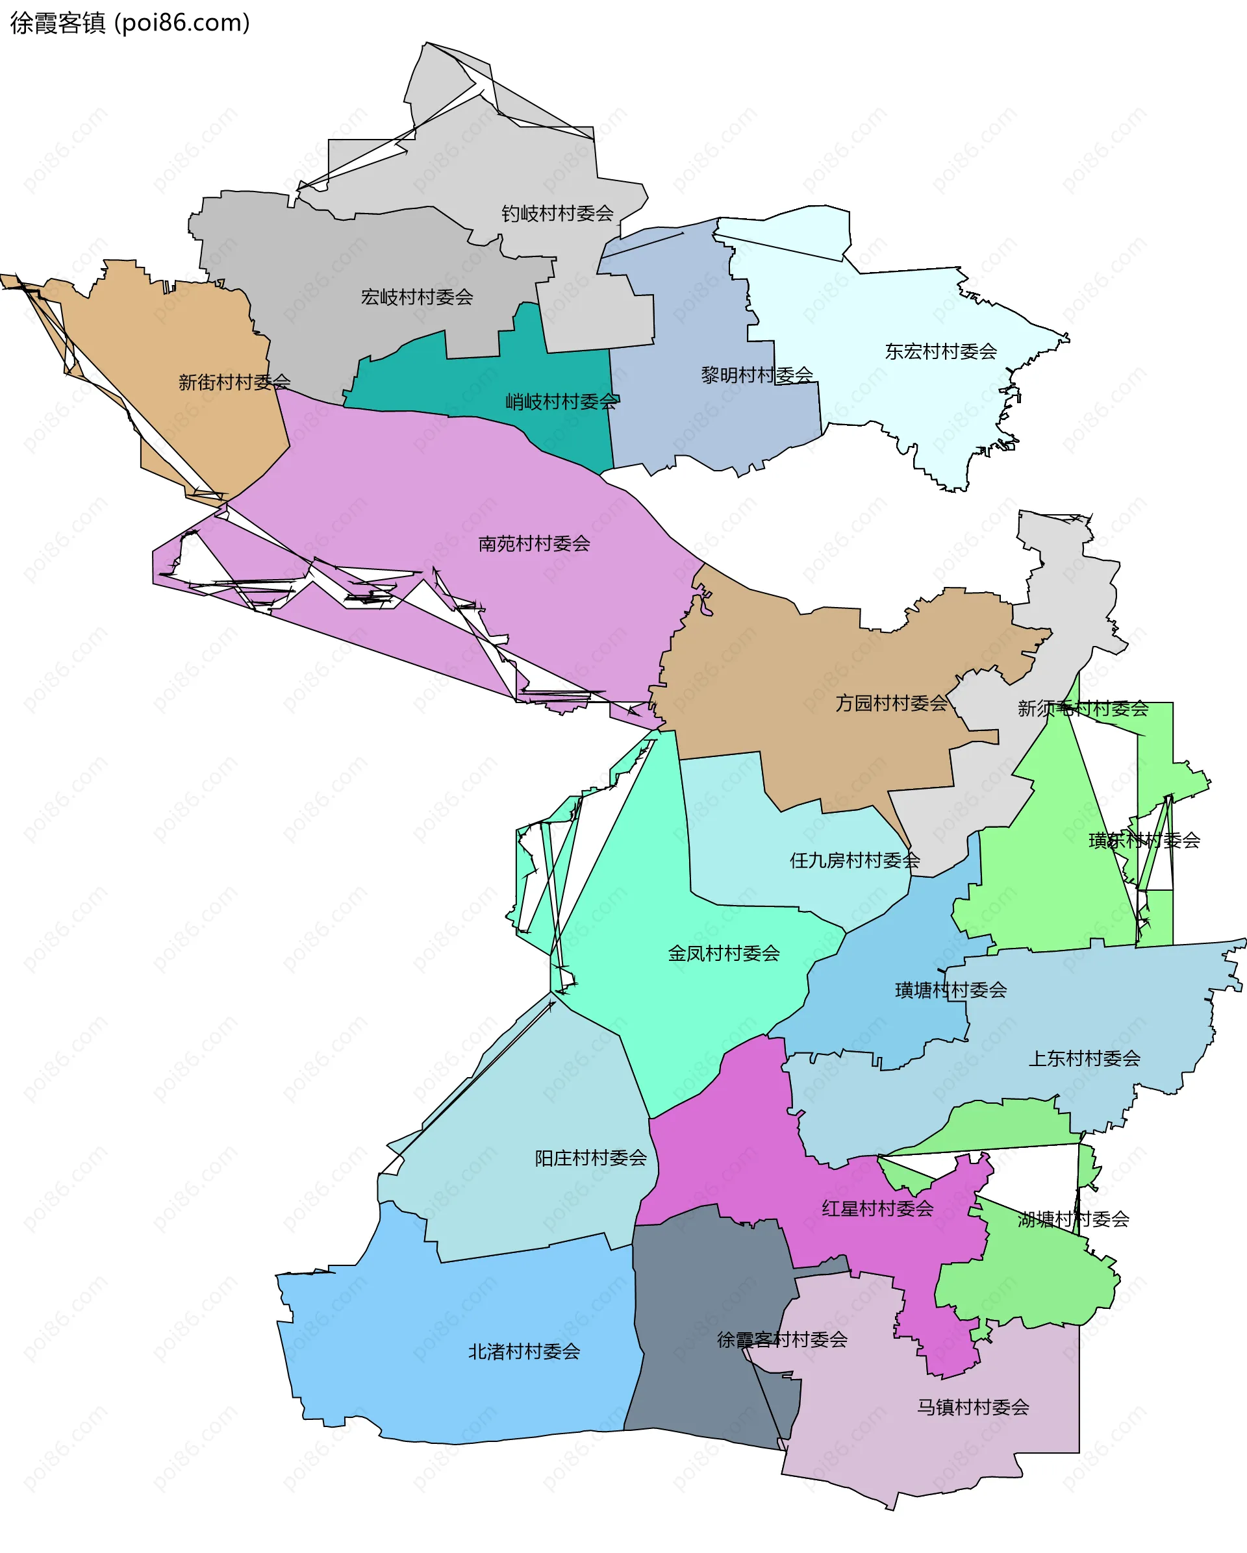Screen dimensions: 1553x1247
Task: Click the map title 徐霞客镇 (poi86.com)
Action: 130,23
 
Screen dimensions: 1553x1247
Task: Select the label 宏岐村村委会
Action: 416,297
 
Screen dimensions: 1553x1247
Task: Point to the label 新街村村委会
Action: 234,382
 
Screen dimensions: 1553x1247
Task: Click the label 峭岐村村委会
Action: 561,401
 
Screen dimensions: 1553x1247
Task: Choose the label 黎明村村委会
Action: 757,375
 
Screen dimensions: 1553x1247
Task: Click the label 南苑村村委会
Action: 534,544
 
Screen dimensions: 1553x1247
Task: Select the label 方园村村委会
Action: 891,703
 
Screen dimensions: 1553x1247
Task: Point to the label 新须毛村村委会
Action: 1082,709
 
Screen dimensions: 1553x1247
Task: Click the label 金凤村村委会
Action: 724,954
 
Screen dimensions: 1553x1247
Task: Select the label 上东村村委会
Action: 1083,1059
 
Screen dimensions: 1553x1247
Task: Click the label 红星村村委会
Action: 877,1209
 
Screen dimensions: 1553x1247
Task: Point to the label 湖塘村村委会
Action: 1073,1219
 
